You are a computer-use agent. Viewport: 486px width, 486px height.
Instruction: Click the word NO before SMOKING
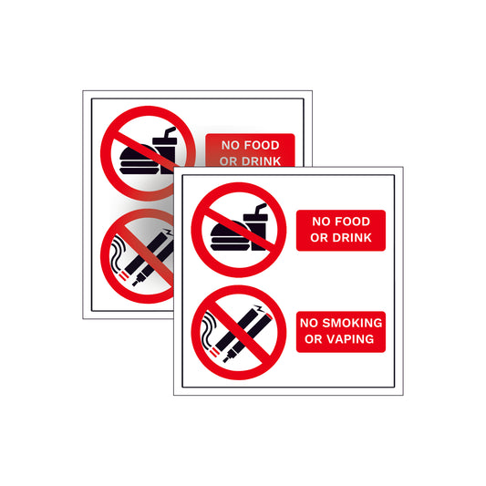coord(310,324)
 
